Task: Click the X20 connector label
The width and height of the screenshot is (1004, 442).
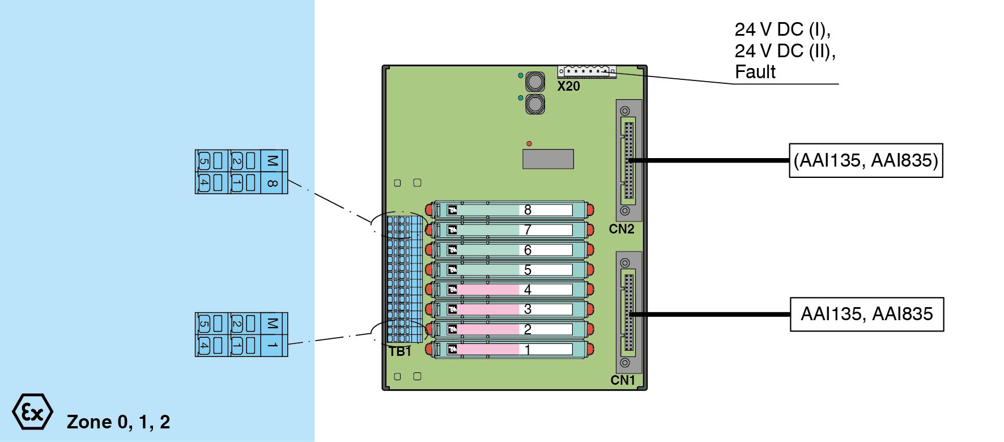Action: [568, 86]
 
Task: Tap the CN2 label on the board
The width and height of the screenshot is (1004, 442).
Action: [622, 229]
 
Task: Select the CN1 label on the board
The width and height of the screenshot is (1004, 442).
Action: [623, 380]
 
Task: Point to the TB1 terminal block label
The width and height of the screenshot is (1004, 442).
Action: [400, 351]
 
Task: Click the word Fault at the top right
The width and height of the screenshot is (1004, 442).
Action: [755, 72]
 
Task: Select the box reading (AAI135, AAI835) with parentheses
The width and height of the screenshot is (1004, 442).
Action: [866, 160]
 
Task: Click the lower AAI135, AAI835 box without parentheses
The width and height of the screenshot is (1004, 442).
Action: [866, 314]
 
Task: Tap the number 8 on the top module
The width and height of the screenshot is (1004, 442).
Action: [527, 210]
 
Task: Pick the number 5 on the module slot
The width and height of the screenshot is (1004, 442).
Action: [527, 270]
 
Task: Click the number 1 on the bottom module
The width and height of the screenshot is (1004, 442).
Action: [527, 350]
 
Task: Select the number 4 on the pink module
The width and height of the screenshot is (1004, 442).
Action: [527, 290]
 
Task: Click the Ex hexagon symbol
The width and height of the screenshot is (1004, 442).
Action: [32, 412]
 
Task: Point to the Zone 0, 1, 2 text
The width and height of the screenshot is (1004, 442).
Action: [118, 422]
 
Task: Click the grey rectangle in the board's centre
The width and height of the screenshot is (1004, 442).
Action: [548, 159]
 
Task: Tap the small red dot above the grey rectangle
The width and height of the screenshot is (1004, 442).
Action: [529, 144]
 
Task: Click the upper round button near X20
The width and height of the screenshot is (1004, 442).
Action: [535, 82]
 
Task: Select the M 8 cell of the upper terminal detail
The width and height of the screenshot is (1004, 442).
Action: [273, 172]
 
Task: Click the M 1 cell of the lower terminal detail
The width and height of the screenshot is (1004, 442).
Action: [273, 334]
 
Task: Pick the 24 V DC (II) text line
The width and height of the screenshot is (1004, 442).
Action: [785, 51]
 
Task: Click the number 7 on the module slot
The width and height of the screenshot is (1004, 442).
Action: [527, 230]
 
